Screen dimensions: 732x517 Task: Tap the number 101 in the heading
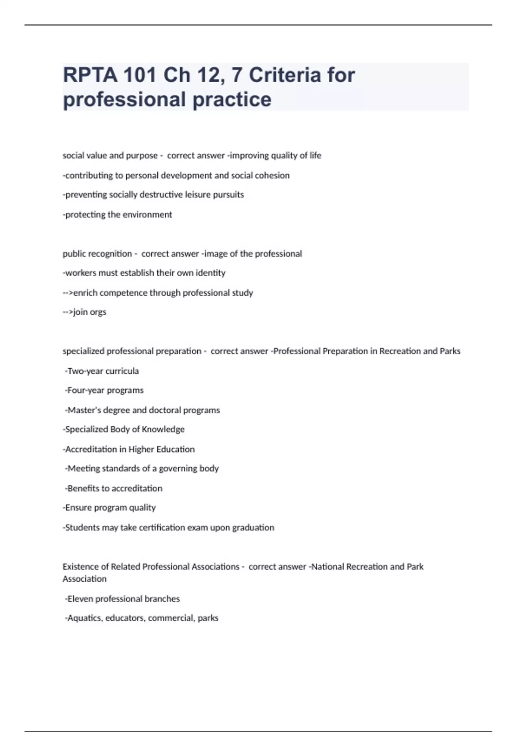[139, 75]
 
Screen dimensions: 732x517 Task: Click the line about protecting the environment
[118, 214]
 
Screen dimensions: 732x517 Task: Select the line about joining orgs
[85, 312]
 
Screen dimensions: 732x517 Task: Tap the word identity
[210, 273]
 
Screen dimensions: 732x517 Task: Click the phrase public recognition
[97, 254]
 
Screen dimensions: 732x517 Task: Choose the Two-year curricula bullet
[102, 371]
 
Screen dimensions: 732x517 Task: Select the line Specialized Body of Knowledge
[124, 429]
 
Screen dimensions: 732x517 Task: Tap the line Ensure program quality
[109, 508]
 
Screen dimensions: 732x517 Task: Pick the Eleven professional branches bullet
[123, 599]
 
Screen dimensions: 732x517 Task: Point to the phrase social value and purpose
[110, 155]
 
